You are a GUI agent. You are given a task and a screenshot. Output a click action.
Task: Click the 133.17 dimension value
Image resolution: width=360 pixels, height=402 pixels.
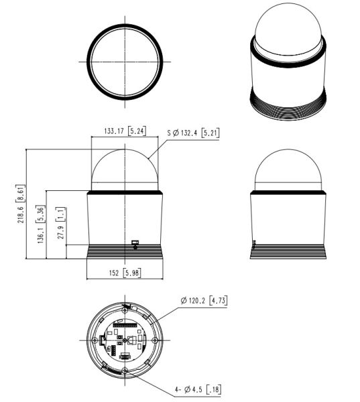(114, 131)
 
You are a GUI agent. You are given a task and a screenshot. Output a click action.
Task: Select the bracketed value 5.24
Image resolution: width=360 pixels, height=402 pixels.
(137, 131)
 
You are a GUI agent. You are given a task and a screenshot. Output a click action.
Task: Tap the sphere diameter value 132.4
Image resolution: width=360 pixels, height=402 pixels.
(189, 133)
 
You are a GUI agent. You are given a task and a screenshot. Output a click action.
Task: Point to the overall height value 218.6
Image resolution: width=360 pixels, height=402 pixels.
(21, 214)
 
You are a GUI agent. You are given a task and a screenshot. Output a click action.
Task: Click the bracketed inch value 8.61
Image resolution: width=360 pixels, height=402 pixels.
(21, 194)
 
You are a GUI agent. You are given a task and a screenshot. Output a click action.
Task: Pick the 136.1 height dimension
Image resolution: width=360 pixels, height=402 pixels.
(40, 235)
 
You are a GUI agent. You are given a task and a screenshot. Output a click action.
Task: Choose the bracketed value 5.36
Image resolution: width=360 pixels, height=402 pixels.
(40, 214)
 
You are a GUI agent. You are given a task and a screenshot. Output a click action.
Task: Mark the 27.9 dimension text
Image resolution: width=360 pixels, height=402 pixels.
(60, 232)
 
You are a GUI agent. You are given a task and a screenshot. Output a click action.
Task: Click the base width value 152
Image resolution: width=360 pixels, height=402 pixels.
(114, 273)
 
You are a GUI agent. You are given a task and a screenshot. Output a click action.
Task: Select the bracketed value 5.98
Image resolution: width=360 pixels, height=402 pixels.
(132, 273)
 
